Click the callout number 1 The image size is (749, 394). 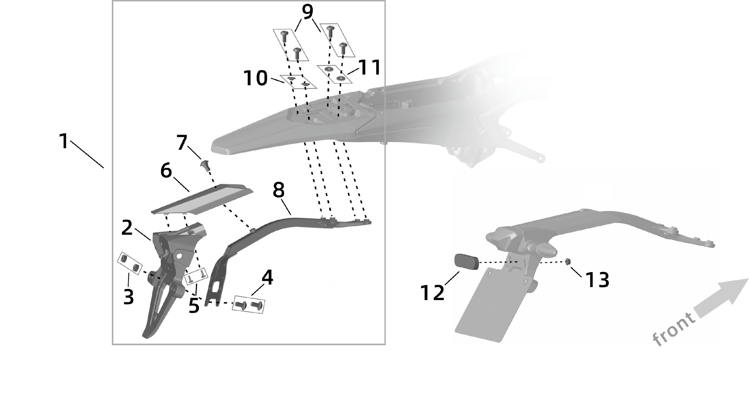coord(64,141)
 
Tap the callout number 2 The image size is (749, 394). coord(127,228)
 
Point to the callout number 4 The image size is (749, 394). coord(267,278)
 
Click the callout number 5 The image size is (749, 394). coord(194,306)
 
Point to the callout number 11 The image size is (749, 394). coord(369,67)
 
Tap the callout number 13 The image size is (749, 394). coord(596,280)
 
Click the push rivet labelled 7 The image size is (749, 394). coord(205,165)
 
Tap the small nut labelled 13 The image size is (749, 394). coord(567,262)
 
